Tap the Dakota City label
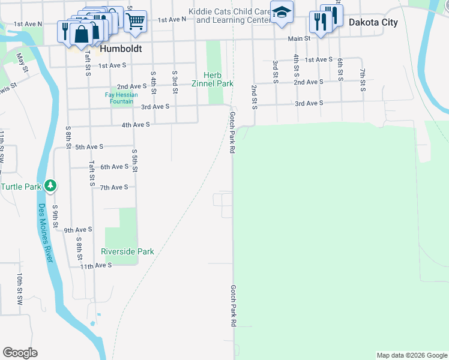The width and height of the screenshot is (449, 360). pos(372,22)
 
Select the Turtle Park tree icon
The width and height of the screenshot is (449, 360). pos(52,186)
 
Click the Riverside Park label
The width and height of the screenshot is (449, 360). pos(127,252)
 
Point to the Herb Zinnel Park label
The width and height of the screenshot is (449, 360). pos(217,80)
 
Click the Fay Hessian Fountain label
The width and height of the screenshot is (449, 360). pos(121,98)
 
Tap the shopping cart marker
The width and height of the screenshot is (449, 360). pos(136,21)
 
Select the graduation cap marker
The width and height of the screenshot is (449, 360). pos(281,13)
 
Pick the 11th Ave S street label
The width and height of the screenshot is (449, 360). pos(96,265)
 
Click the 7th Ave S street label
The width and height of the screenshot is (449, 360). pos(114,188)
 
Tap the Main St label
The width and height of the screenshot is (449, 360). pos(298,38)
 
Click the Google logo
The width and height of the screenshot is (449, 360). pos(20,353)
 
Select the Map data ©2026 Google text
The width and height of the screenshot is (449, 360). pos(411,355)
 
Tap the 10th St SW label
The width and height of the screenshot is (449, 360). pos(20,286)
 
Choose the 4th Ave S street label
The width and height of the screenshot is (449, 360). pos(135,125)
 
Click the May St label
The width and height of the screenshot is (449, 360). pos(23,62)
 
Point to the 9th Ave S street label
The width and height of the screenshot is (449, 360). pos(78,230)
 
